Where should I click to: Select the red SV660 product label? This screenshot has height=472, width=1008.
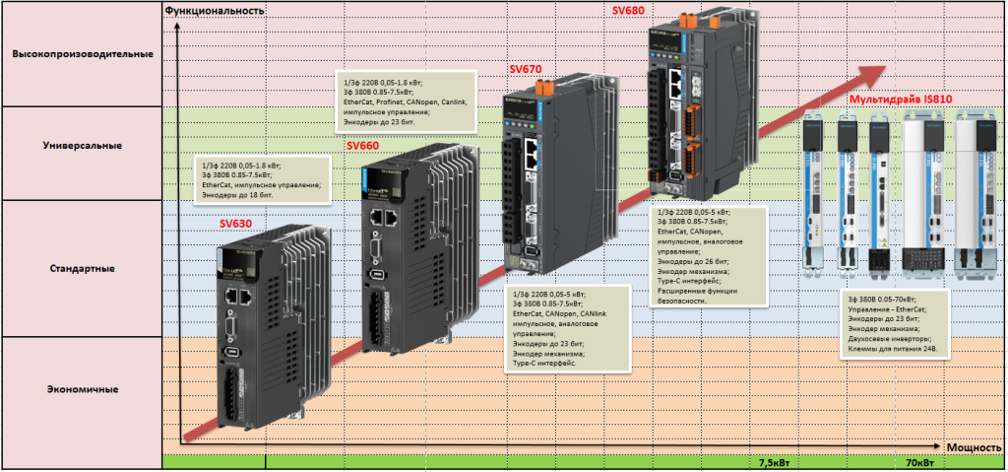click(x=363, y=144)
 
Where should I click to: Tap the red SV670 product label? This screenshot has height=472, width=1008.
click(x=526, y=69)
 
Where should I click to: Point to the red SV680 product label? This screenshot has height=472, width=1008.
click(x=628, y=9)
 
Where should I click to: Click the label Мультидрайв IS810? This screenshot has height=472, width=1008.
click(x=900, y=100)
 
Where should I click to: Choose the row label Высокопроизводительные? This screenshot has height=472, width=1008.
click(x=83, y=53)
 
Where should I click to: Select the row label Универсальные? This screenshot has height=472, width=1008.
click(x=83, y=146)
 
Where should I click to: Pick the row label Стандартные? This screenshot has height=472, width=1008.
click(x=83, y=268)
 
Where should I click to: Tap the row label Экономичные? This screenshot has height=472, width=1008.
click(x=83, y=389)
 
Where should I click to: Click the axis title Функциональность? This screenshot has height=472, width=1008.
click(x=215, y=10)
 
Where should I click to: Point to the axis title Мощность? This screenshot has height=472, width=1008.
click(x=974, y=446)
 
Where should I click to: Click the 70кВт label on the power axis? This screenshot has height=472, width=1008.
click(x=919, y=461)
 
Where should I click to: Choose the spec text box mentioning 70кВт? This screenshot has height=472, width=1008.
click(x=893, y=320)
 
